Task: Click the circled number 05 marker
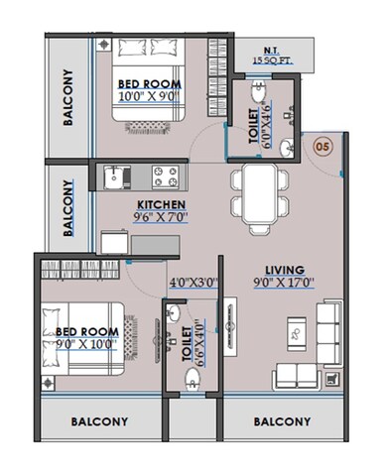321,145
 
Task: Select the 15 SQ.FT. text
270,61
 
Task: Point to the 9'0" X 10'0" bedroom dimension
86,343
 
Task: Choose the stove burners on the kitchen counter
165,178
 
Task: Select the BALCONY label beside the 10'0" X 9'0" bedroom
69,98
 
